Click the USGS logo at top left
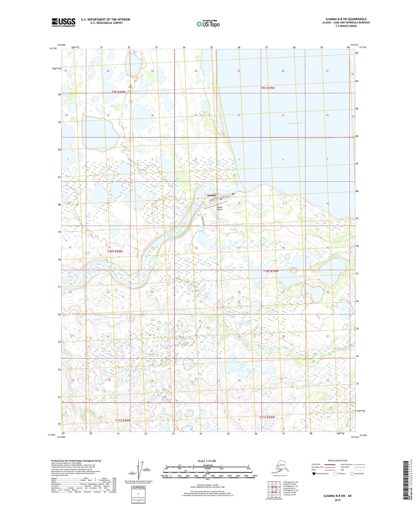click(64, 22)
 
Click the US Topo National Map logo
click(208, 24)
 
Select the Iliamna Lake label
click(294, 123)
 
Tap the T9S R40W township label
click(119, 92)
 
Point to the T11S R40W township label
click(123, 420)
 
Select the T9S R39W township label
click(267, 88)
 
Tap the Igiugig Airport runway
click(215, 205)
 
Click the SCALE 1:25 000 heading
click(207, 461)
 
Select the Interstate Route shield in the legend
click(314, 474)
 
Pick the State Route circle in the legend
click(352, 474)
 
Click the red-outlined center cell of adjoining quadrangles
click(274, 489)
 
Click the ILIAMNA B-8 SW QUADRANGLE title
click(346, 19)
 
